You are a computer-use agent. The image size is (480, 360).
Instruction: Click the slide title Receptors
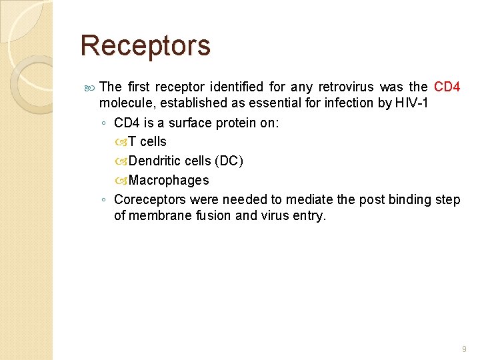pyautogui.click(x=145, y=46)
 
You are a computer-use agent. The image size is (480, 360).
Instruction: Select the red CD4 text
pyautogui.click(x=447, y=87)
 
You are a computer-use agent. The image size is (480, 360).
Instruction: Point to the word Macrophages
pyautogui.click(x=169, y=180)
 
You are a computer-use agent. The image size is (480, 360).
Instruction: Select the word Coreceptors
pyautogui.click(x=151, y=200)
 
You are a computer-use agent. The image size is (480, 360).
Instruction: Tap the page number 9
pyautogui.click(x=464, y=349)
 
